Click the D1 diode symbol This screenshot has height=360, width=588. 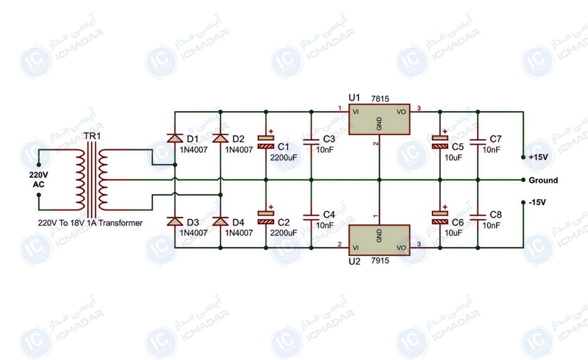175,138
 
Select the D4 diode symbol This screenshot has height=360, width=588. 220,221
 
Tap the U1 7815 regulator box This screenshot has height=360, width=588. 379,119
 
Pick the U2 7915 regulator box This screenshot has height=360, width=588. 379,240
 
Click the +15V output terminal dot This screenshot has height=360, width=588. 523,157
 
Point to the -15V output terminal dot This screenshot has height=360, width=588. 523,202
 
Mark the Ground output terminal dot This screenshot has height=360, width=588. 523,180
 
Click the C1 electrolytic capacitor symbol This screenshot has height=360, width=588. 266,142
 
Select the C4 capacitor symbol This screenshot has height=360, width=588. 311,218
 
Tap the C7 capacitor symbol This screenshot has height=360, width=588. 478,142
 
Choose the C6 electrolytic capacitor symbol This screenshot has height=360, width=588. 440,218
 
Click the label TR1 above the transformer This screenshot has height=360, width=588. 92,136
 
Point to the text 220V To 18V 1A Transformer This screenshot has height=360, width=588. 90,223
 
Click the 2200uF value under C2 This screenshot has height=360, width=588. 283,233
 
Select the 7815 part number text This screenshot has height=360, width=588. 380,99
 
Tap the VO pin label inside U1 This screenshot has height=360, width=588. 401,112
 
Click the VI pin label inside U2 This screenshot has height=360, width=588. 356,247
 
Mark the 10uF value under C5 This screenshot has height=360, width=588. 453,157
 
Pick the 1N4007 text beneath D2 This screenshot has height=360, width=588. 239,150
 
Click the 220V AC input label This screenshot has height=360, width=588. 39,180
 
